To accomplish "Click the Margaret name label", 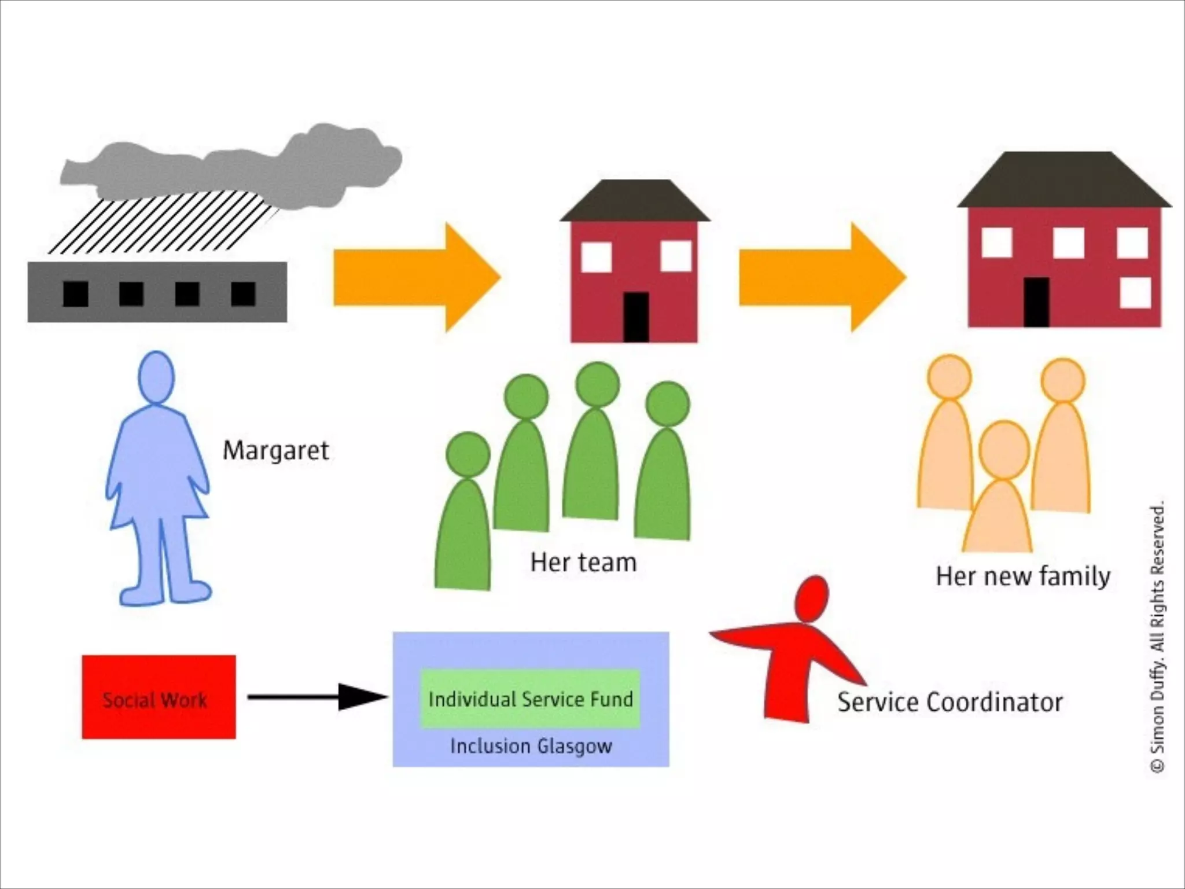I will coord(276,451).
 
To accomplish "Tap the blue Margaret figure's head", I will coord(156,377).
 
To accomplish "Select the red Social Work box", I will coord(159,697).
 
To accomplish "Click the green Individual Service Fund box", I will coord(530,699).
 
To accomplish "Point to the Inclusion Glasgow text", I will coord(531,746).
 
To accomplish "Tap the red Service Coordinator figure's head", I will coord(812,598).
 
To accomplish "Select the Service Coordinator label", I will coord(950,702).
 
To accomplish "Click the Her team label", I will coord(583,563).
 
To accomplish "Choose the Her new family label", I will coord(1023,576).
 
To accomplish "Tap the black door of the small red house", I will coord(635,317).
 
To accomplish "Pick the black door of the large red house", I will coord(1036,302).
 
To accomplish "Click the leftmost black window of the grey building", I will coord(75,294).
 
